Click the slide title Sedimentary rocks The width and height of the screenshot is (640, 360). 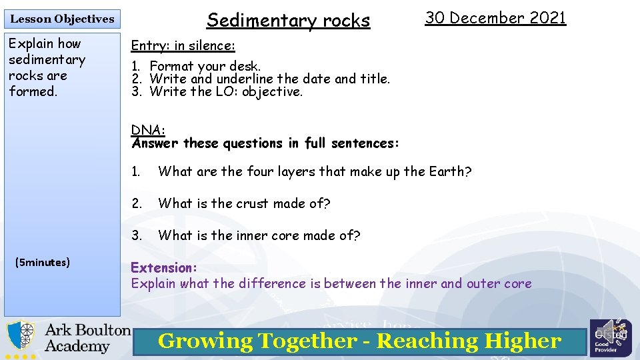coord(288,21)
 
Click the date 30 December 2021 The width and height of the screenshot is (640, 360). coord(495,18)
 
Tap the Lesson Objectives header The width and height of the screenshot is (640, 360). coord(62,19)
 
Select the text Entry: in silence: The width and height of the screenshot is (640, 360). coord(183,45)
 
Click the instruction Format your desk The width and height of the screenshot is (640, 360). coord(205,66)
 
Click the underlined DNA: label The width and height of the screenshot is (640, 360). coord(148,129)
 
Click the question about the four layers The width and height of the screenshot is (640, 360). coord(314,171)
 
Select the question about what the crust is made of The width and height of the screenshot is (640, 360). coord(244,203)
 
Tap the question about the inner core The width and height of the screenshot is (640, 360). coord(259,235)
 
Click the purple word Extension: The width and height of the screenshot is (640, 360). coord(164,267)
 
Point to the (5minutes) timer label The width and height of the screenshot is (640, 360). coord(43,262)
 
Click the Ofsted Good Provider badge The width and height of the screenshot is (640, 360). coord(606,338)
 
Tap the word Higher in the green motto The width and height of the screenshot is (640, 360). coord(523,341)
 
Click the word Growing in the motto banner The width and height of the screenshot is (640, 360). coord(205,341)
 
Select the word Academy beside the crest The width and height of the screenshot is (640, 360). coord(77,347)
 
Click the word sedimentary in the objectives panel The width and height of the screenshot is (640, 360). coord(47,59)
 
